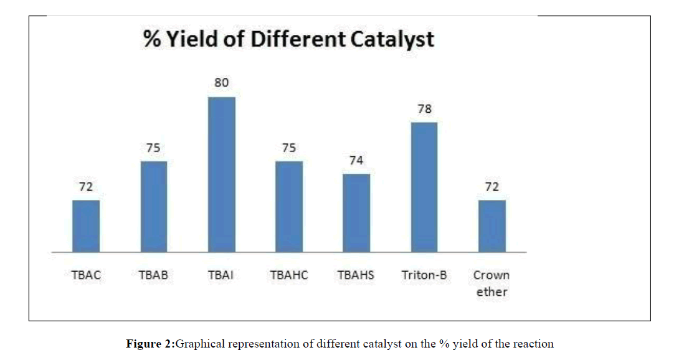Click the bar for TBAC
click(x=86, y=226)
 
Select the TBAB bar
click(x=153, y=207)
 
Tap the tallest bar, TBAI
click(x=221, y=174)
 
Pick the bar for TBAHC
click(x=289, y=207)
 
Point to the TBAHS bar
click(x=356, y=213)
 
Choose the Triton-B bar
click(x=424, y=187)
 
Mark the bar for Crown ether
click(x=492, y=226)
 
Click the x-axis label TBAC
click(x=86, y=275)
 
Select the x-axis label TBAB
click(x=153, y=275)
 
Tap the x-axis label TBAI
click(x=221, y=275)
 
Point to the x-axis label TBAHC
click(x=289, y=275)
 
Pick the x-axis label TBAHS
click(x=356, y=275)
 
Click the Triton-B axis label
click(x=424, y=275)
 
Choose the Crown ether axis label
click(x=492, y=283)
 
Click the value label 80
click(x=221, y=83)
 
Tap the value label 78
click(x=424, y=109)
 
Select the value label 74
click(x=356, y=161)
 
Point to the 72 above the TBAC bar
click(x=86, y=187)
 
